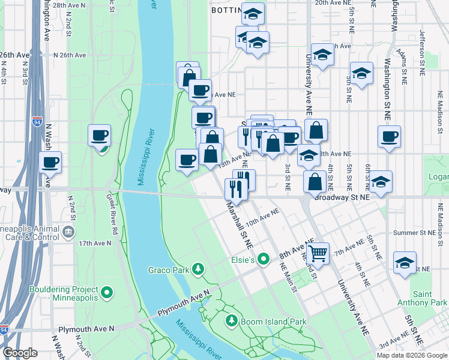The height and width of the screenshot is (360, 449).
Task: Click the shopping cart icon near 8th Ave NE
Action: click(318, 253)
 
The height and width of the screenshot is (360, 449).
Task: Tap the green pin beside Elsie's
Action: click(263, 260)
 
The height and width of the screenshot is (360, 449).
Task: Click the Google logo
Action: click(20, 352)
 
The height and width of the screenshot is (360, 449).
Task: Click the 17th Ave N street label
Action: click(95, 243)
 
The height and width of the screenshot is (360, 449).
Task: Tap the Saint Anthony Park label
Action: click(430, 298)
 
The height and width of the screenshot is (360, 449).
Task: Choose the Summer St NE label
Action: click(414, 232)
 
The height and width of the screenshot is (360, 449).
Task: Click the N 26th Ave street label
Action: click(70, 55)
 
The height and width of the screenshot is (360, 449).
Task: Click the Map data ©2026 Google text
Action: click(411, 355)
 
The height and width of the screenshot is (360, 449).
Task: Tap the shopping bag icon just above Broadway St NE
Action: click(315, 181)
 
